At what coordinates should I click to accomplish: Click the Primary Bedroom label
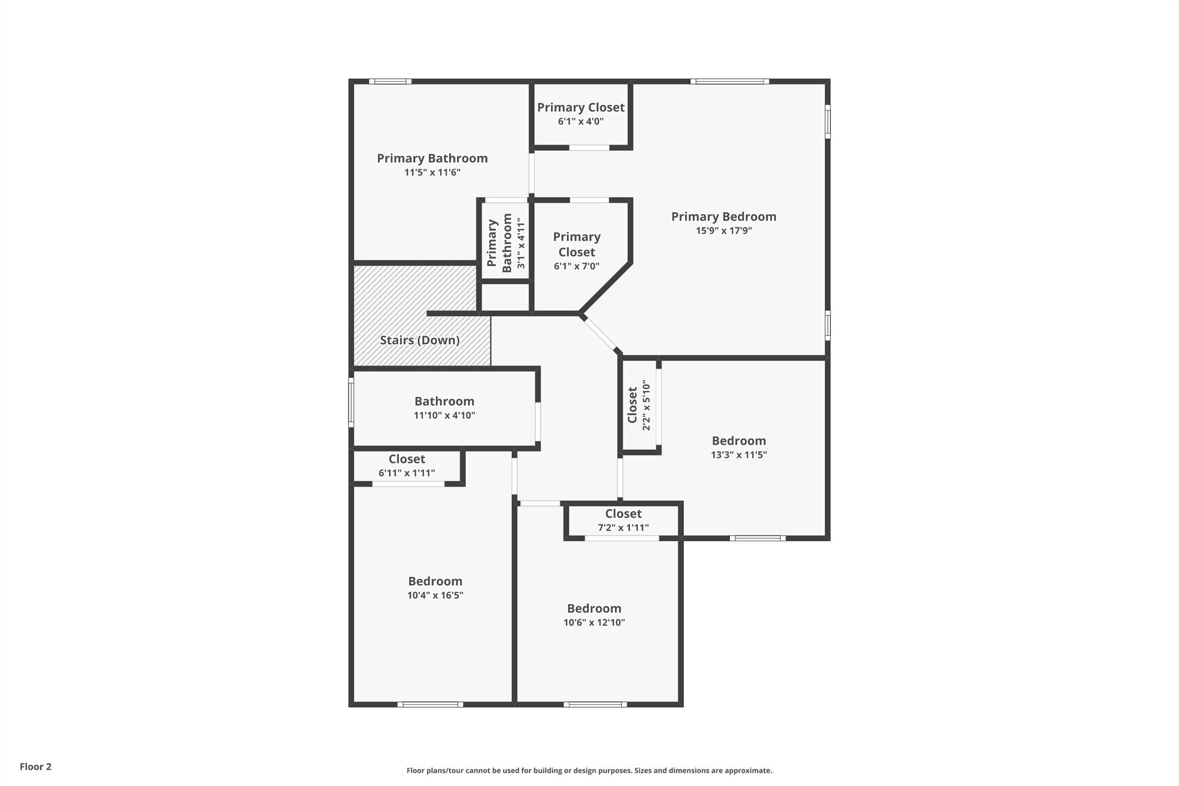coord(724,217)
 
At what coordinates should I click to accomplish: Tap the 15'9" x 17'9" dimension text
coord(724,231)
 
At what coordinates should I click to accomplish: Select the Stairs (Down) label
coord(420,340)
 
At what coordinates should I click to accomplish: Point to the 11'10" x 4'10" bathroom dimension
coord(444,415)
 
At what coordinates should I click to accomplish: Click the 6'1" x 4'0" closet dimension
coord(581,121)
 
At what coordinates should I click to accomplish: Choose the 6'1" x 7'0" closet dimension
coord(577,266)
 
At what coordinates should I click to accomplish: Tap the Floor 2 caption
coord(36,766)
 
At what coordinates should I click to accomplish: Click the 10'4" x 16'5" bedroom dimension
coord(435,595)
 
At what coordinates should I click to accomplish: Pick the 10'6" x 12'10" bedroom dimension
coord(594,622)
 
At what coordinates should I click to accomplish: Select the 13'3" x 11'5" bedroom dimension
coord(739,455)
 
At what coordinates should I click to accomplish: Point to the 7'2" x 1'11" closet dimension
coord(623,527)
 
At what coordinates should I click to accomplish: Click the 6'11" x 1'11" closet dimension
coord(407,473)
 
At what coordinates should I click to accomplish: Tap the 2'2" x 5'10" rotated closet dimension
coord(646,405)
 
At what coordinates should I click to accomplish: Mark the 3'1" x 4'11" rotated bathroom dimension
coord(521,243)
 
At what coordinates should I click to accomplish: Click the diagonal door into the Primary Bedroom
coord(600,333)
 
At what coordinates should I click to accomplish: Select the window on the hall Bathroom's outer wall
coord(351,403)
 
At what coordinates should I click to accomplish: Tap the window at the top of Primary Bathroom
coord(390,81)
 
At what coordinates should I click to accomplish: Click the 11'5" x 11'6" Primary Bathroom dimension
coord(432,173)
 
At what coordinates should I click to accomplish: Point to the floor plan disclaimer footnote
coord(589,770)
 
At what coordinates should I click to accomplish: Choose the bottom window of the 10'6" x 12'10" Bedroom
coord(595,704)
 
